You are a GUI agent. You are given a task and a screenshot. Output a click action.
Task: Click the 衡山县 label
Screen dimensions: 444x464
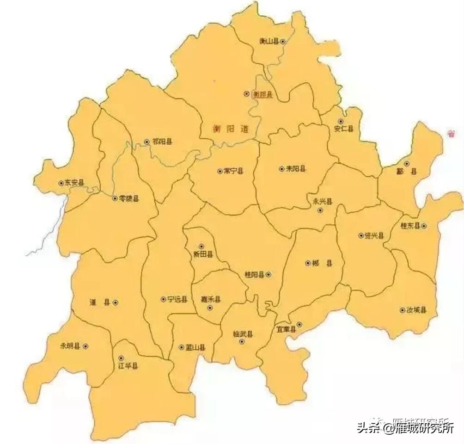[269, 42]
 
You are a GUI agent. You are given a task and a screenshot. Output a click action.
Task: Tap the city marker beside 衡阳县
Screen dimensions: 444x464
[246, 94]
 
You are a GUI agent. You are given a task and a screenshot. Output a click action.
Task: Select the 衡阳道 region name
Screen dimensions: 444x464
[231, 129]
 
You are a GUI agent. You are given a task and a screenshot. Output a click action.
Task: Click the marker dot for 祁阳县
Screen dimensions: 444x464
[147, 142]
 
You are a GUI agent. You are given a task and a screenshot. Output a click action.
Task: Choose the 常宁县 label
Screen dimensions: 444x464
[233, 171]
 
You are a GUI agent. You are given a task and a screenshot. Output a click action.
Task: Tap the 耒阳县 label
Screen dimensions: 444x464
[296, 169]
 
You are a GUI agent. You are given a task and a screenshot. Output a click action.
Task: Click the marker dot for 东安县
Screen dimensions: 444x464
[61, 183]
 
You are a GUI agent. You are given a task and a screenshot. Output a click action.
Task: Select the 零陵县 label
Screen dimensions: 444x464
[129, 198]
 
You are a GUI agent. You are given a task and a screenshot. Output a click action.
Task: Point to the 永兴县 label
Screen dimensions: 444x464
[323, 201]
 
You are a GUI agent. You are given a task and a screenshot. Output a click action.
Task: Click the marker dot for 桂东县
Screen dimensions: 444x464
[423, 226]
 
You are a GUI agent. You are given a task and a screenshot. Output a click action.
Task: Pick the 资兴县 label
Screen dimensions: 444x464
[374, 236]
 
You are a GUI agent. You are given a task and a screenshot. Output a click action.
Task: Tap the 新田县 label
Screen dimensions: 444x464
[203, 254]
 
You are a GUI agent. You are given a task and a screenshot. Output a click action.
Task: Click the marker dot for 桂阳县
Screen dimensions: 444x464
[269, 275]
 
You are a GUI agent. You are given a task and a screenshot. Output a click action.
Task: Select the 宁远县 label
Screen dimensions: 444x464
[177, 299]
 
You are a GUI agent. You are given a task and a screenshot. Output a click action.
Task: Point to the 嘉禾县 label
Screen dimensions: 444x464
[211, 299]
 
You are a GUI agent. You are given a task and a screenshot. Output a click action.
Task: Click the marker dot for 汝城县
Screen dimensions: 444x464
[402, 310]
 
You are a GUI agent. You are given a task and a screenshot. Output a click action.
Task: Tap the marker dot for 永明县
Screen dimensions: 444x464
[85, 346]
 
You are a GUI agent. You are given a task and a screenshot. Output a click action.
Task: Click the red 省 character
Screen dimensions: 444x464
[450, 134]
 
